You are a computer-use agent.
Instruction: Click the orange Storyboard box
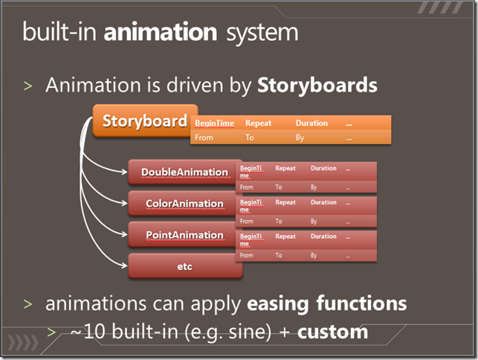point(145,120)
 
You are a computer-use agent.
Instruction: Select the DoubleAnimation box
point(185,172)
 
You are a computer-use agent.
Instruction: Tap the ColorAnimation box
point(185,204)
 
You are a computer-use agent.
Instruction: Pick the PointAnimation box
point(185,235)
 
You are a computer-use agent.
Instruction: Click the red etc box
point(185,266)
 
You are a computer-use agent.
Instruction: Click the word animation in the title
point(161,32)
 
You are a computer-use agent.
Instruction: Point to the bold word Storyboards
point(317,85)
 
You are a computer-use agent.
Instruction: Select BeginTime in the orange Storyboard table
point(215,123)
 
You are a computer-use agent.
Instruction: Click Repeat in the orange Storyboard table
point(258,123)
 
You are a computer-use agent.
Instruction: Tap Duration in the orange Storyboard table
point(311,123)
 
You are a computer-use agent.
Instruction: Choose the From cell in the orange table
point(204,138)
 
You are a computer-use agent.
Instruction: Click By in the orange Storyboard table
point(300,138)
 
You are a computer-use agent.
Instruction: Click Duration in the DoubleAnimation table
point(323,168)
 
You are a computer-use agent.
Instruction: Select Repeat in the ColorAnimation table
point(285,202)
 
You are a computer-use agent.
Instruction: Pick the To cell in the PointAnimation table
point(279,255)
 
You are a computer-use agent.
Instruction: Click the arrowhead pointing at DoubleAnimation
point(125,172)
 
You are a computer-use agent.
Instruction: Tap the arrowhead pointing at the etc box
point(125,266)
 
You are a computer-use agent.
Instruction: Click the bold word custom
point(332,332)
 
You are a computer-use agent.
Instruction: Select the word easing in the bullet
point(278,304)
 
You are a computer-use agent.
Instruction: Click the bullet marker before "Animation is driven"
point(28,86)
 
